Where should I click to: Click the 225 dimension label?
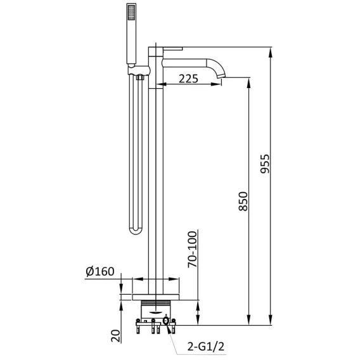(x=188, y=79)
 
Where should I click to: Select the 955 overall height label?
(x=265, y=164)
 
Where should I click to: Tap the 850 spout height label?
(x=243, y=202)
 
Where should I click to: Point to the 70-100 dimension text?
(x=193, y=249)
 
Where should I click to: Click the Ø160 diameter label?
(x=100, y=272)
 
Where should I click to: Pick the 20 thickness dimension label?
(x=116, y=336)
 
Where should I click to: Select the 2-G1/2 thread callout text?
(x=206, y=347)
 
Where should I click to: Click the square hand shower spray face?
(x=131, y=12)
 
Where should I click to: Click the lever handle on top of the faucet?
(x=172, y=48)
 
